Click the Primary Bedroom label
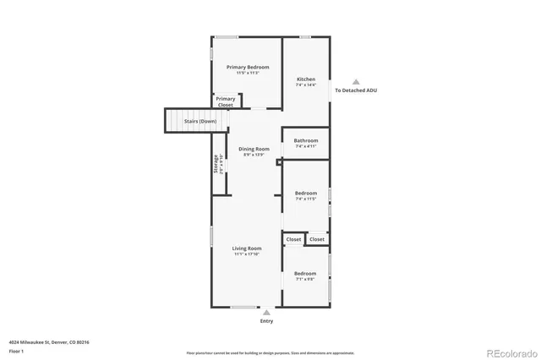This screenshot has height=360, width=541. [247, 67]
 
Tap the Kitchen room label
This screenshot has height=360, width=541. [305, 79]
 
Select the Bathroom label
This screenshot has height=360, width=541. [306, 140]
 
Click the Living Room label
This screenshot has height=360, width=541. [247, 248]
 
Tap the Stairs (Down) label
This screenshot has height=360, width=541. [200, 122]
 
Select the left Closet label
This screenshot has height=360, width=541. [293, 240]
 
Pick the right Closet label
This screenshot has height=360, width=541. [317, 240]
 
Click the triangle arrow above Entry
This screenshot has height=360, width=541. [267, 313]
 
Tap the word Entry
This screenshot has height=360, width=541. [267, 321]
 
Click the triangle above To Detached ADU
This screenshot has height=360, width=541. [356, 81]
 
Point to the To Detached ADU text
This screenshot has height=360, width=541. [356, 90]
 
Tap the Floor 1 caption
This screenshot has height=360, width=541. [17, 350]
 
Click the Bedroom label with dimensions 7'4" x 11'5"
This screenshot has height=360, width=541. [306, 194]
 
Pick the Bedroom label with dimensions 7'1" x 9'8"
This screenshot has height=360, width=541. [305, 274]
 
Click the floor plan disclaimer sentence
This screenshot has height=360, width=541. [270, 352]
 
